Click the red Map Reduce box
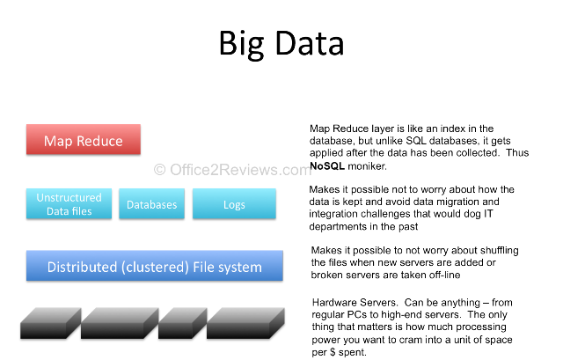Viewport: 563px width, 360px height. click(84, 141)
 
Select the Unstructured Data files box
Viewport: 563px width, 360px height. click(69, 204)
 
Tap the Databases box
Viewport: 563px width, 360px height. click(151, 205)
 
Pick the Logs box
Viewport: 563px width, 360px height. click(234, 205)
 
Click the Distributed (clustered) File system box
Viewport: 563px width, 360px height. click(154, 267)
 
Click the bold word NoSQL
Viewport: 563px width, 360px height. click(327, 165)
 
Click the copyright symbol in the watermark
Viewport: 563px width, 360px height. click(159, 170)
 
